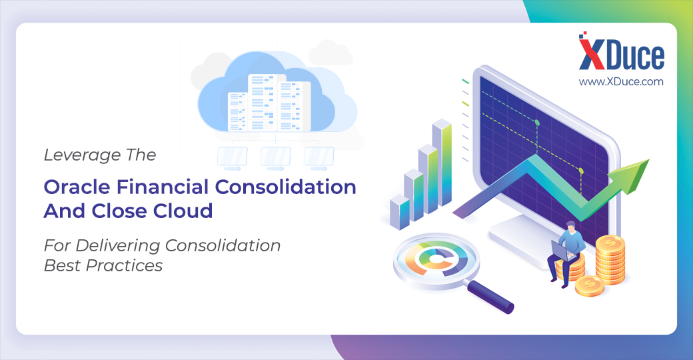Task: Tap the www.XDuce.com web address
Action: pyautogui.click(x=621, y=82)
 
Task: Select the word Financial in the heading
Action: pyautogui.click(x=163, y=187)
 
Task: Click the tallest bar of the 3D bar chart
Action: pyautogui.click(x=442, y=163)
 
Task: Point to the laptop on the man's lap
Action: pyautogui.click(x=562, y=251)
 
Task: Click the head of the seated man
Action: pyautogui.click(x=570, y=227)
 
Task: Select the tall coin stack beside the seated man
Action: pyautogui.click(x=610, y=259)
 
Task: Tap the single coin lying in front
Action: pyautogui.click(x=590, y=286)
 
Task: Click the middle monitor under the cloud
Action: pyautogui.click(x=275, y=158)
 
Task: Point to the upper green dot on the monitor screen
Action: pyautogui.click(x=537, y=123)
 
